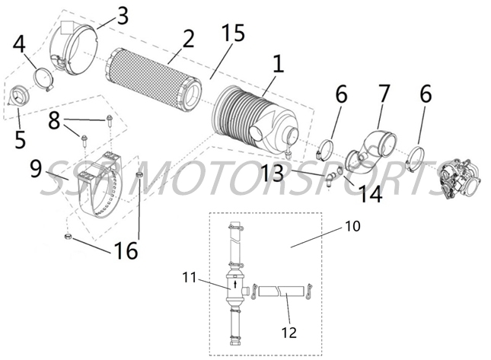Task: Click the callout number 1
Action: (278, 65)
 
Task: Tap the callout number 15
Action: (232, 34)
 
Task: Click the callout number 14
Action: (371, 195)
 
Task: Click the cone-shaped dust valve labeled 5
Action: (21, 97)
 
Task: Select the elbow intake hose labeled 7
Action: (374, 148)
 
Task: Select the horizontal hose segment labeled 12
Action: (279, 291)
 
